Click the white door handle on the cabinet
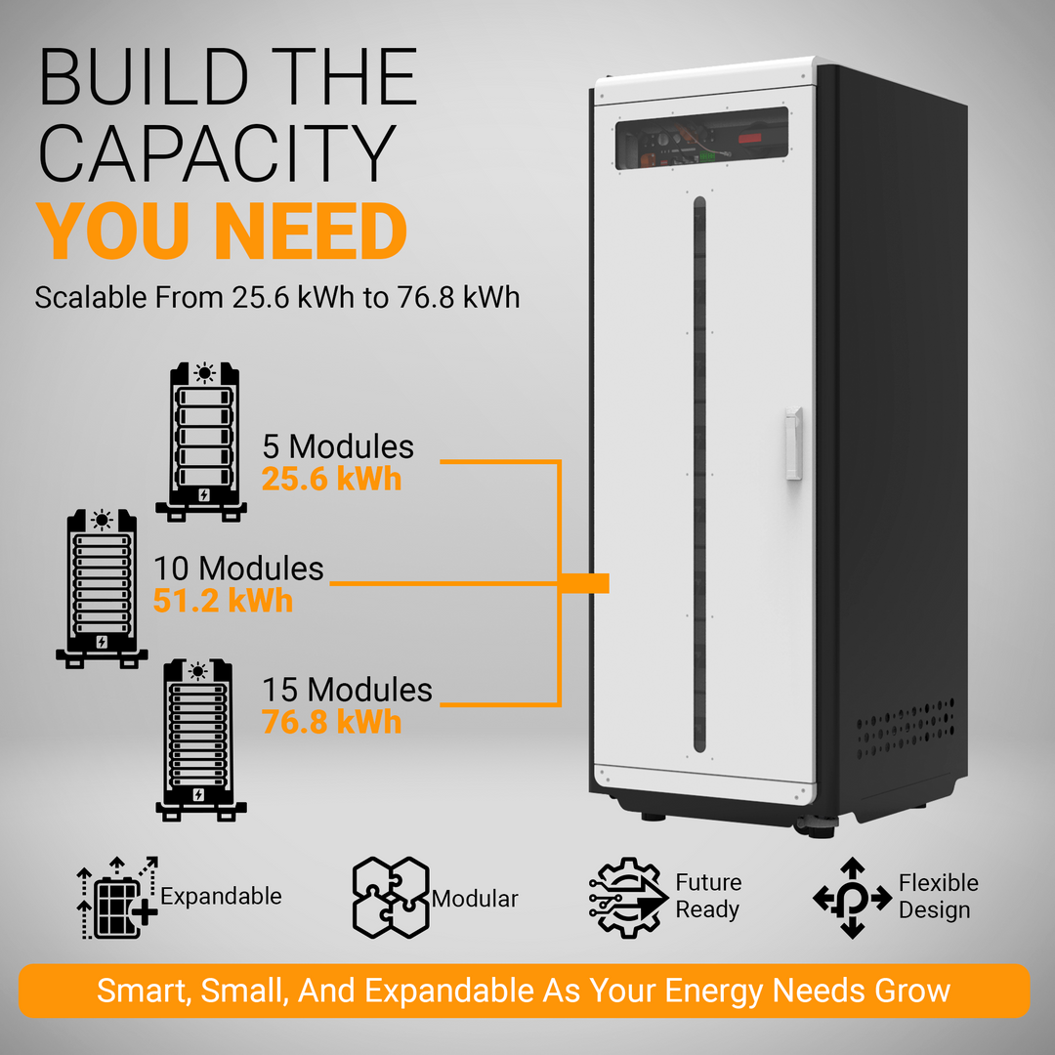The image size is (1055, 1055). tap(794, 443)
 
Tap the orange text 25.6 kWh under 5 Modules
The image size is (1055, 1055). tap(332, 479)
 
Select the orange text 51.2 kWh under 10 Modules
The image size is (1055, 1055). tap(224, 600)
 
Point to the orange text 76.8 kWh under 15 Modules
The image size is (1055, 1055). tap(332, 722)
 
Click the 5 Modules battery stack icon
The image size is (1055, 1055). tap(201, 443)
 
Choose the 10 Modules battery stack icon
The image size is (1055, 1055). tap(102, 589)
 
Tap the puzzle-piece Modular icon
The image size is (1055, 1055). tap(391, 898)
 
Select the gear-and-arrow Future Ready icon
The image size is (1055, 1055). tap(628, 898)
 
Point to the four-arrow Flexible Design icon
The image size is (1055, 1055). tap(853, 898)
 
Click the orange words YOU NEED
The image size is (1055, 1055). tap(222, 231)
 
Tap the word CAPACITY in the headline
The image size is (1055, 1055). tap(217, 153)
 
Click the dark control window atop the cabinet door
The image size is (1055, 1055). tap(701, 138)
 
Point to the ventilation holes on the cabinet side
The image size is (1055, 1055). tap(906, 729)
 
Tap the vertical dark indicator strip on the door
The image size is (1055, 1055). tap(699, 475)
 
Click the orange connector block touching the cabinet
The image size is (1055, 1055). tap(584, 583)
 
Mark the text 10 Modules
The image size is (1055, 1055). tap(239, 569)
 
